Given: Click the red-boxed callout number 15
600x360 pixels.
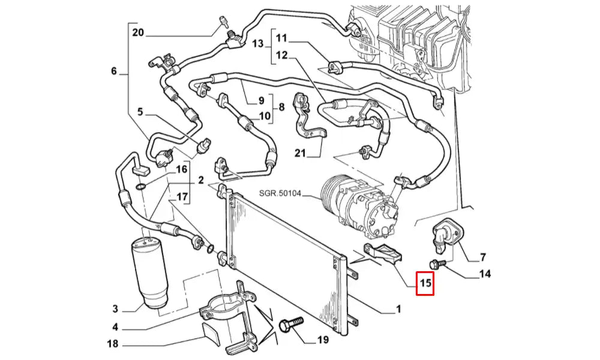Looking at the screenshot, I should (x=425, y=283).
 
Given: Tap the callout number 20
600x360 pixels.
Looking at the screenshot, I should (x=139, y=32).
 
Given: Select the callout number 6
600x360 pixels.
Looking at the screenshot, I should (x=114, y=71).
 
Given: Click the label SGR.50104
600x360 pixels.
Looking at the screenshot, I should (x=281, y=193).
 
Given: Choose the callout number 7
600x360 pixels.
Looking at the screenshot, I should (x=482, y=258).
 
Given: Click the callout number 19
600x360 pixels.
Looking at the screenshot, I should (x=323, y=340).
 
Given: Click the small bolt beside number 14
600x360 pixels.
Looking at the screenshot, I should (x=436, y=263).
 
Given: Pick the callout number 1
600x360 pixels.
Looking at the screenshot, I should (x=398, y=310).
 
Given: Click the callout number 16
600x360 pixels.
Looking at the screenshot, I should (x=181, y=170).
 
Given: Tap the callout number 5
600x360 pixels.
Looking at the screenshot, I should (x=140, y=111).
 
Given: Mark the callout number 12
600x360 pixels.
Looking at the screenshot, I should (x=282, y=56).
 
